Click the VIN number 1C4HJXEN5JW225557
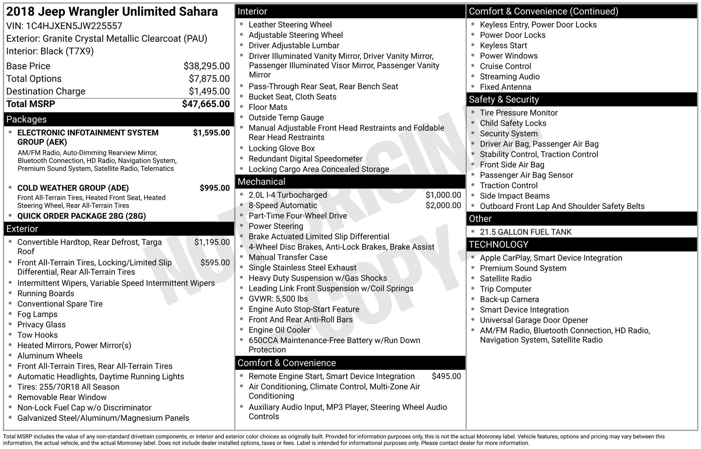(74, 26)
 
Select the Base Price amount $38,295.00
(206, 66)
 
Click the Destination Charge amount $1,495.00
(209, 91)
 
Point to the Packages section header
(27, 119)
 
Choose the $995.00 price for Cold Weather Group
(214, 188)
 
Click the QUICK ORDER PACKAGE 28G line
(81, 216)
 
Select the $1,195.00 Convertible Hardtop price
(212, 242)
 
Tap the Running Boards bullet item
(46, 293)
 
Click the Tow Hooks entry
(38, 335)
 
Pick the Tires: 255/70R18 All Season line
(68, 387)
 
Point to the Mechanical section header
(261, 182)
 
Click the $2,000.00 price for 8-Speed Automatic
(443, 205)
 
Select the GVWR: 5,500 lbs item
(278, 299)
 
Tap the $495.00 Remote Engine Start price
(446, 376)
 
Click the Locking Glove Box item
(281, 148)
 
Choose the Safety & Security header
(503, 99)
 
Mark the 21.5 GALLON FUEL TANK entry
(525, 232)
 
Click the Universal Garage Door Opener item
(534, 320)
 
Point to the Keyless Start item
(503, 46)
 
